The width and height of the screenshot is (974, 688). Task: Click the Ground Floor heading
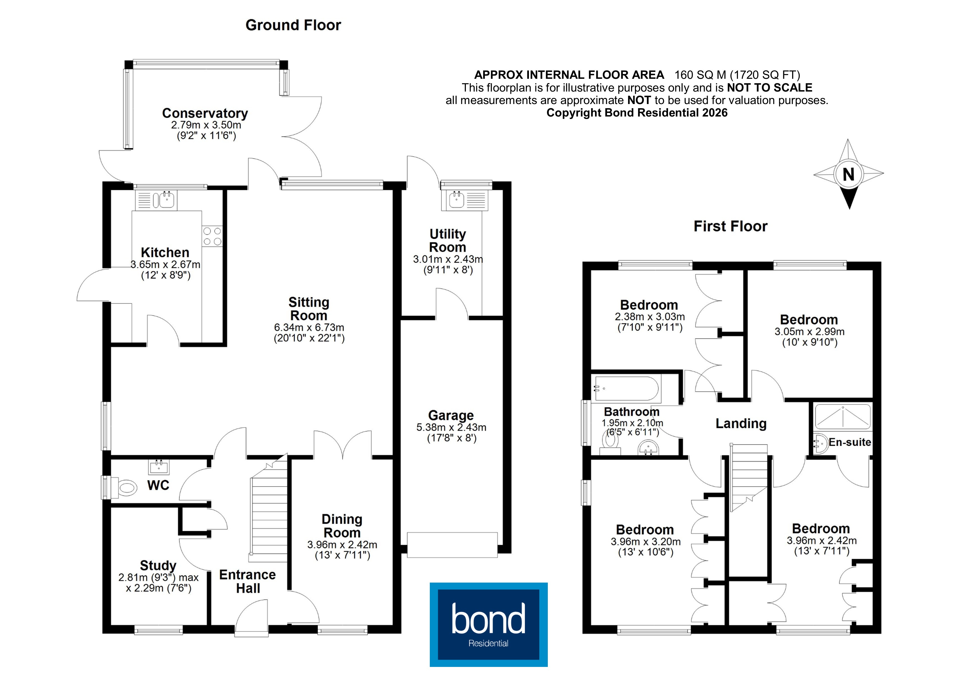click(293, 26)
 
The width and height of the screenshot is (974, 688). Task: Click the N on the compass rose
click(849, 174)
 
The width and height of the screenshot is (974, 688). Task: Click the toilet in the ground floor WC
click(125, 487)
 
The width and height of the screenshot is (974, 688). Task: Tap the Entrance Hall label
click(247, 581)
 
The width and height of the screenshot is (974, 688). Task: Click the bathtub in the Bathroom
click(627, 388)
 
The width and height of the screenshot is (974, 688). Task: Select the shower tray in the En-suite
click(842, 416)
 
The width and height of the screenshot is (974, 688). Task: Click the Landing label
click(741, 424)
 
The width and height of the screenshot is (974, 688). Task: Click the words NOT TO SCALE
click(770, 88)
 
